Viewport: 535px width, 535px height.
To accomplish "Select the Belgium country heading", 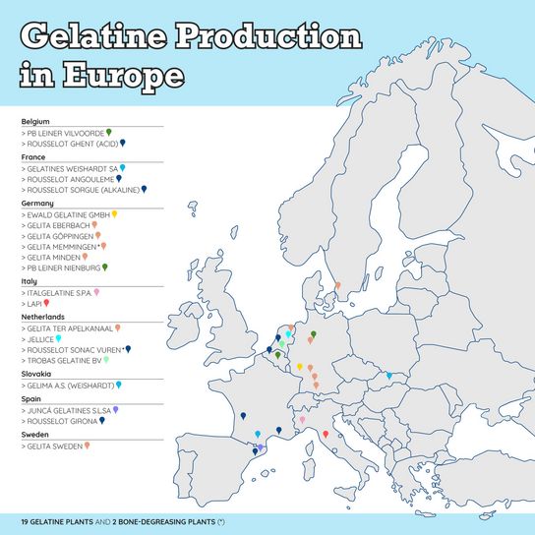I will (x=35, y=121).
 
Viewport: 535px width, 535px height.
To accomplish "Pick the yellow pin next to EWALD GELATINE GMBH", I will (x=115, y=212).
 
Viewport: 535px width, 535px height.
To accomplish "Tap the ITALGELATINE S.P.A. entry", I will (x=57, y=293).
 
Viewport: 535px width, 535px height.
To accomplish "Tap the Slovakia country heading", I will (x=36, y=374).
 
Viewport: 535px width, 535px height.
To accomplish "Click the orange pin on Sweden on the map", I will (x=337, y=286).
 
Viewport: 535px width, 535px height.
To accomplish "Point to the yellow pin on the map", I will (x=300, y=366).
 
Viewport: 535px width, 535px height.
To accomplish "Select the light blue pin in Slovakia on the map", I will (x=389, y=375).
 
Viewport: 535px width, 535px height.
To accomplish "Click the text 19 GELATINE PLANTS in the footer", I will (x=59, y=518).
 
